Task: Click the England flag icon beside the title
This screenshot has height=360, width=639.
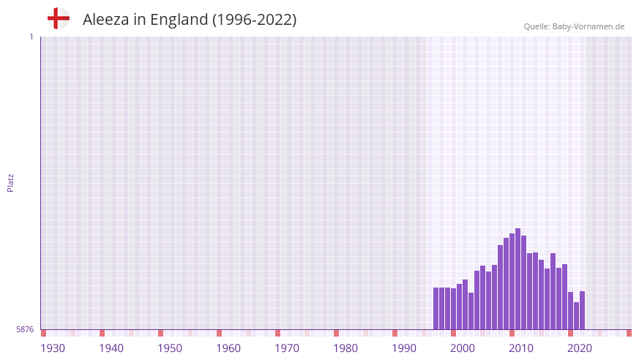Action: coord(58,18)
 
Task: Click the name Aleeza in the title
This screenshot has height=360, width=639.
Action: coord(105,20)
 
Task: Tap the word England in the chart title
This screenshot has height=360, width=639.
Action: coord(179,20)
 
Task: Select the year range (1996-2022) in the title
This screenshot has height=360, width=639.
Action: coord(254,20)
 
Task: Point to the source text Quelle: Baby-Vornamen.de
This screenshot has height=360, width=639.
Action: coord(574,26)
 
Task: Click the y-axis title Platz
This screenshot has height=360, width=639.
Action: coord(10,182)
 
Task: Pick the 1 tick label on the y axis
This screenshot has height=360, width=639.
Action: coord(31,37)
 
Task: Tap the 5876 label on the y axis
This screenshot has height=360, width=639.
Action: coord(25,330)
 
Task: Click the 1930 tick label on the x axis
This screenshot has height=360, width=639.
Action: coord(53,348)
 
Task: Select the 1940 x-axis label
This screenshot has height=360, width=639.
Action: coord(111,348)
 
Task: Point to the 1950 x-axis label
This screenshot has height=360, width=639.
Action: coord(170,348)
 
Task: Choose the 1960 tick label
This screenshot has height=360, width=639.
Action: coord(228,348)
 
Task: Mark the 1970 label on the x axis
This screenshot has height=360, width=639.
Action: coord(287,348)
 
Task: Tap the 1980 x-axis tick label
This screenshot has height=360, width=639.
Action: coord(345,348)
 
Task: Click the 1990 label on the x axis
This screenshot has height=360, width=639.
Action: coord(404,348)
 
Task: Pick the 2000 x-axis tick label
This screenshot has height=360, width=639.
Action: coord(463,348)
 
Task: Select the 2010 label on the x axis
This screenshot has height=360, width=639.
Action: coord(521,348)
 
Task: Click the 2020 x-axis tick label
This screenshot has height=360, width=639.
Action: coord(580,348)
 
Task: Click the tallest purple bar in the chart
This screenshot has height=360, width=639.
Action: coord(517,279)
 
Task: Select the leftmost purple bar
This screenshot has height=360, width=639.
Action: coord(436,308)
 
